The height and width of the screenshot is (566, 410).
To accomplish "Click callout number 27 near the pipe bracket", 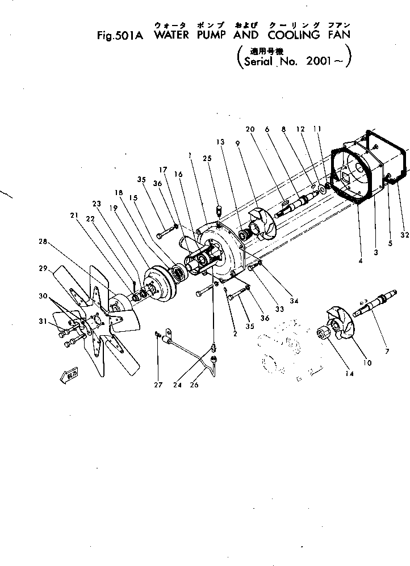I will (x=158, y=385).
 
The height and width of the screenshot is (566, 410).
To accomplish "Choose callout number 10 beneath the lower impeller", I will (x=367, y=363).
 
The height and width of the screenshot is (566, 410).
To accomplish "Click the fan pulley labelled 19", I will (x=160, y=280).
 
